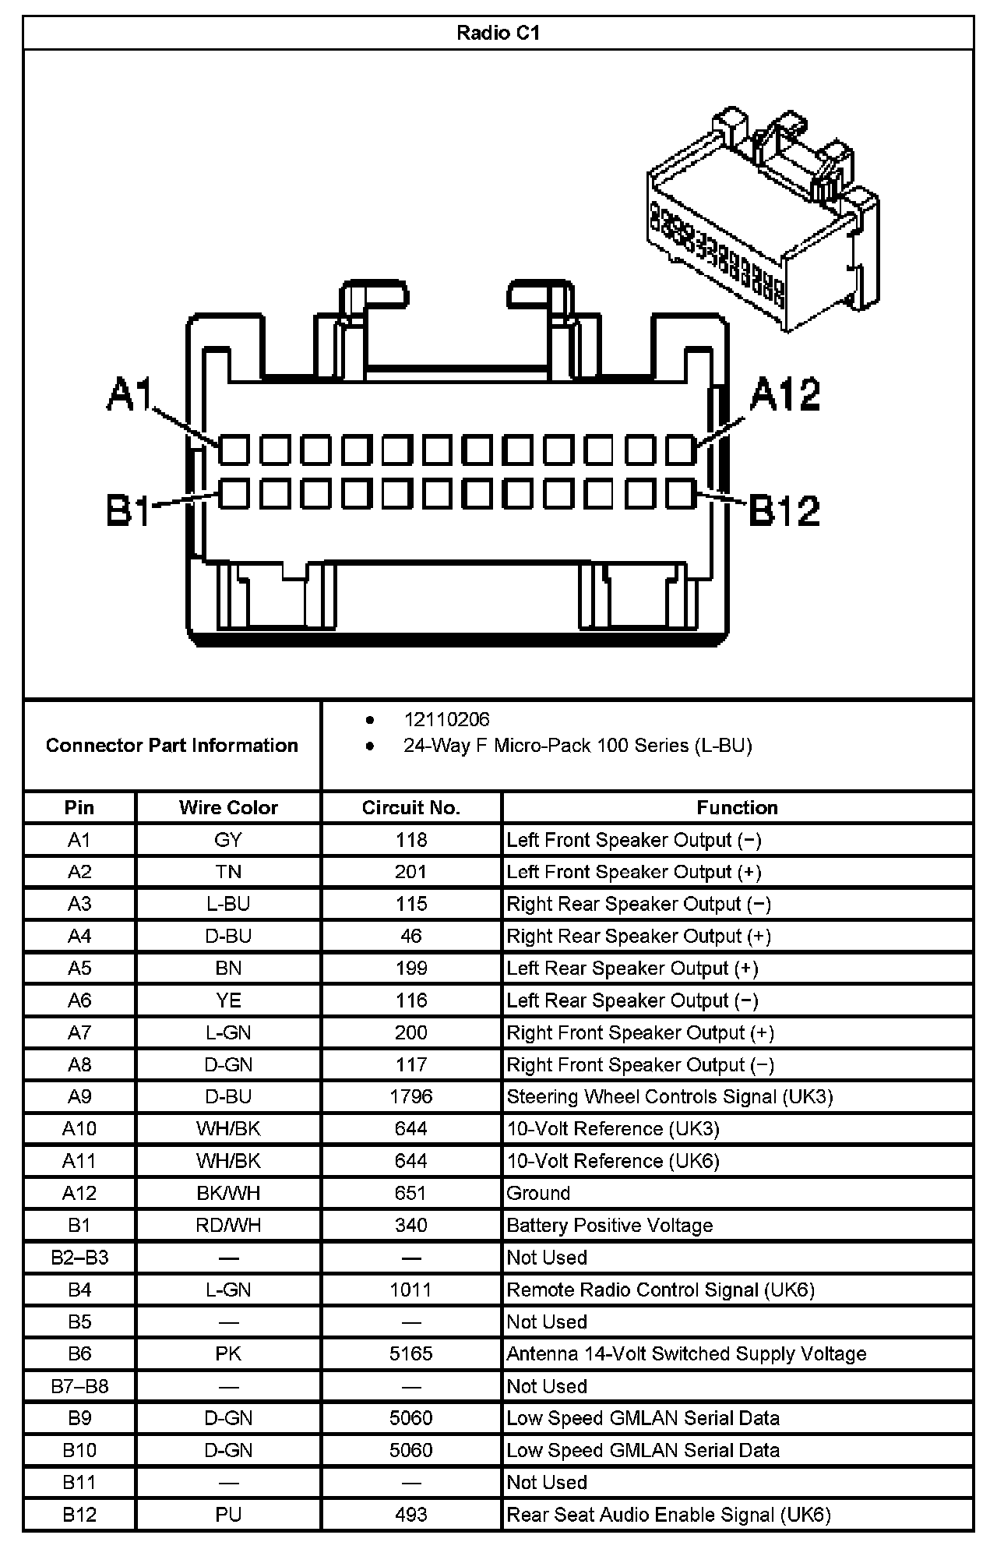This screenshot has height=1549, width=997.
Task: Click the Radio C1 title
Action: (498, 34)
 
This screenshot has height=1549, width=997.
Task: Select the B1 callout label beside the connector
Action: (129, 512)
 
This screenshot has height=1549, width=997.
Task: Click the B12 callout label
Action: (784, 511)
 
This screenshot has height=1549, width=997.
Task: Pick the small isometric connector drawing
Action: (763, 218)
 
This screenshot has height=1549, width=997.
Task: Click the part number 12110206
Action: (446, 719)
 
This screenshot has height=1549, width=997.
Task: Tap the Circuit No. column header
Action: (411, 807)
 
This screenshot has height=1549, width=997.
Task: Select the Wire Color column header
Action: (228, 807)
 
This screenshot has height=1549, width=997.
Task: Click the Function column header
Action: (737, 807)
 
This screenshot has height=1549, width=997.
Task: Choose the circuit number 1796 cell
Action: (411, 1096)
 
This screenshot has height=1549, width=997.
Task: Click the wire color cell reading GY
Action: (228, 840)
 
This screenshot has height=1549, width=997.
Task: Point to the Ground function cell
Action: (538, 1193)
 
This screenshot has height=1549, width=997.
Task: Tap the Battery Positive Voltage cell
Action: (609, 1225)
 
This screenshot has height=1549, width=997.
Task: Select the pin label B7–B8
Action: (79, 1386)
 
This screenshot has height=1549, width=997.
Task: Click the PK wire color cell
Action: (228, 1353)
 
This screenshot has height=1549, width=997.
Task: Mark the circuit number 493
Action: (411, 1514)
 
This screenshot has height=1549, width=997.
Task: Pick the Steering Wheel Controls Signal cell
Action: (669, 1096)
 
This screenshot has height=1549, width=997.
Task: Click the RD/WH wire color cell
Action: (228, 1225)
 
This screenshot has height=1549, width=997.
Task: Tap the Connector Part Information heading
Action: (172, 746)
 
